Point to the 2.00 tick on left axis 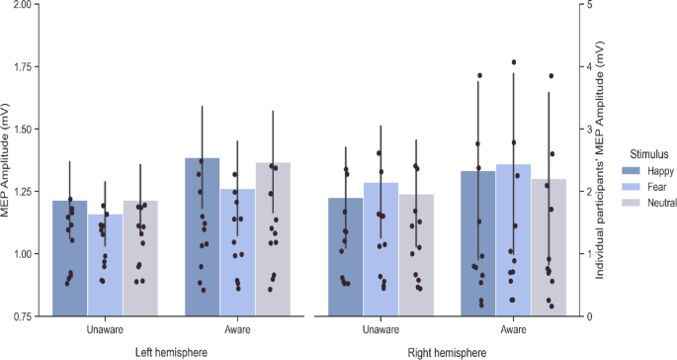(23, 5)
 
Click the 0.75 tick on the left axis (23, 316)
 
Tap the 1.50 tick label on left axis (23, 130)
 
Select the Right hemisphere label (447, 351)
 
